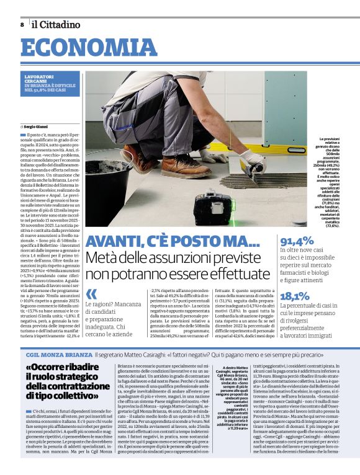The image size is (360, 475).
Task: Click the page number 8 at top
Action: click(x=22, y=25)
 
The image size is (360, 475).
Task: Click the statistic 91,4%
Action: click(x=297, y=242)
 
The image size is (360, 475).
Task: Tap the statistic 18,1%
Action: click(x=295, y=296)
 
